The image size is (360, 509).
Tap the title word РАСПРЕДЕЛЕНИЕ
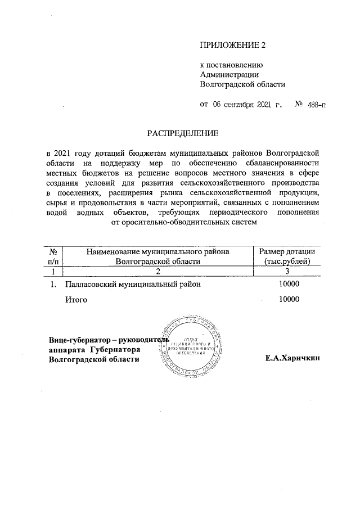click(181, 133)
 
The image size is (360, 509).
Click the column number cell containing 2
click(158, 272)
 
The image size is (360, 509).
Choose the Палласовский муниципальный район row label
click(133, 285)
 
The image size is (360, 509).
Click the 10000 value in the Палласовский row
click(289, 285)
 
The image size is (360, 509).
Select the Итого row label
click(76, 300)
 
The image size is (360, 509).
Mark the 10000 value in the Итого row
click(289, 300)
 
